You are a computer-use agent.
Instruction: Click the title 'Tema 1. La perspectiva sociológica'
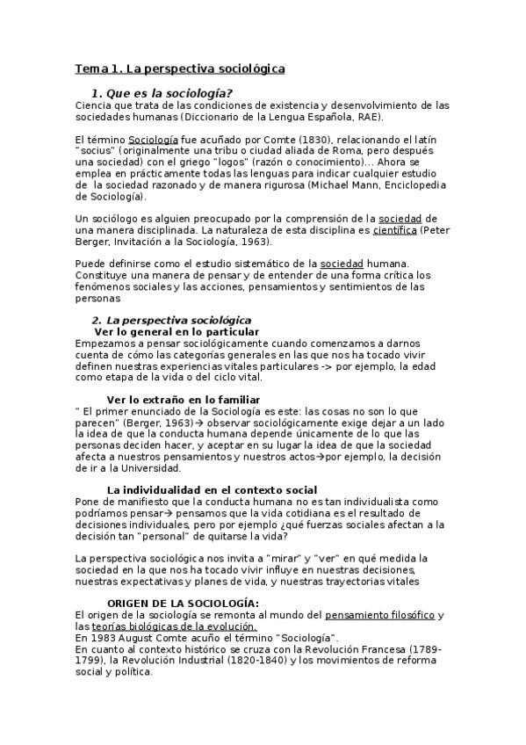[x=179, y=68]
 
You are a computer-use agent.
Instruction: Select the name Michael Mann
[x=364, y=186]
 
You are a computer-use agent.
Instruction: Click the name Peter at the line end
[x=435, y=230]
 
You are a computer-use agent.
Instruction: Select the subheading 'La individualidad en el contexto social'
[x=212, y=490]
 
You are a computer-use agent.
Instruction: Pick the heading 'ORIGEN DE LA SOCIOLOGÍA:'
[x=183, y=604]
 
